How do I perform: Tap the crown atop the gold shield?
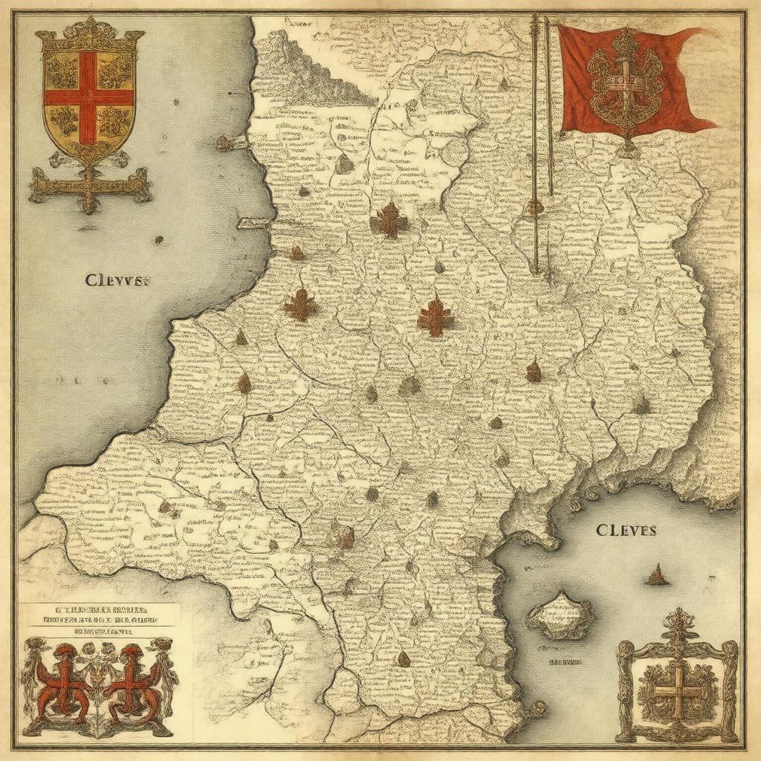tap(90, 31)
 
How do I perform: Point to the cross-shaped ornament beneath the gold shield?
tap(89, 186)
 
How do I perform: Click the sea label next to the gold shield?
tap(118, 281)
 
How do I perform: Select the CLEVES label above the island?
tap(626, 531)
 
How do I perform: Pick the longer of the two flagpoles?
tap(534, 141)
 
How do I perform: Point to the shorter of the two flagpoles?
tap(549, 104)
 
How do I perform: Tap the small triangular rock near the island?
tap(656, 574)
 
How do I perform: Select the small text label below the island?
tap(564, 660)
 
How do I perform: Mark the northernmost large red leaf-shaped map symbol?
tap(389, 220)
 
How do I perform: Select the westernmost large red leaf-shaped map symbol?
tap(300, 305)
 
